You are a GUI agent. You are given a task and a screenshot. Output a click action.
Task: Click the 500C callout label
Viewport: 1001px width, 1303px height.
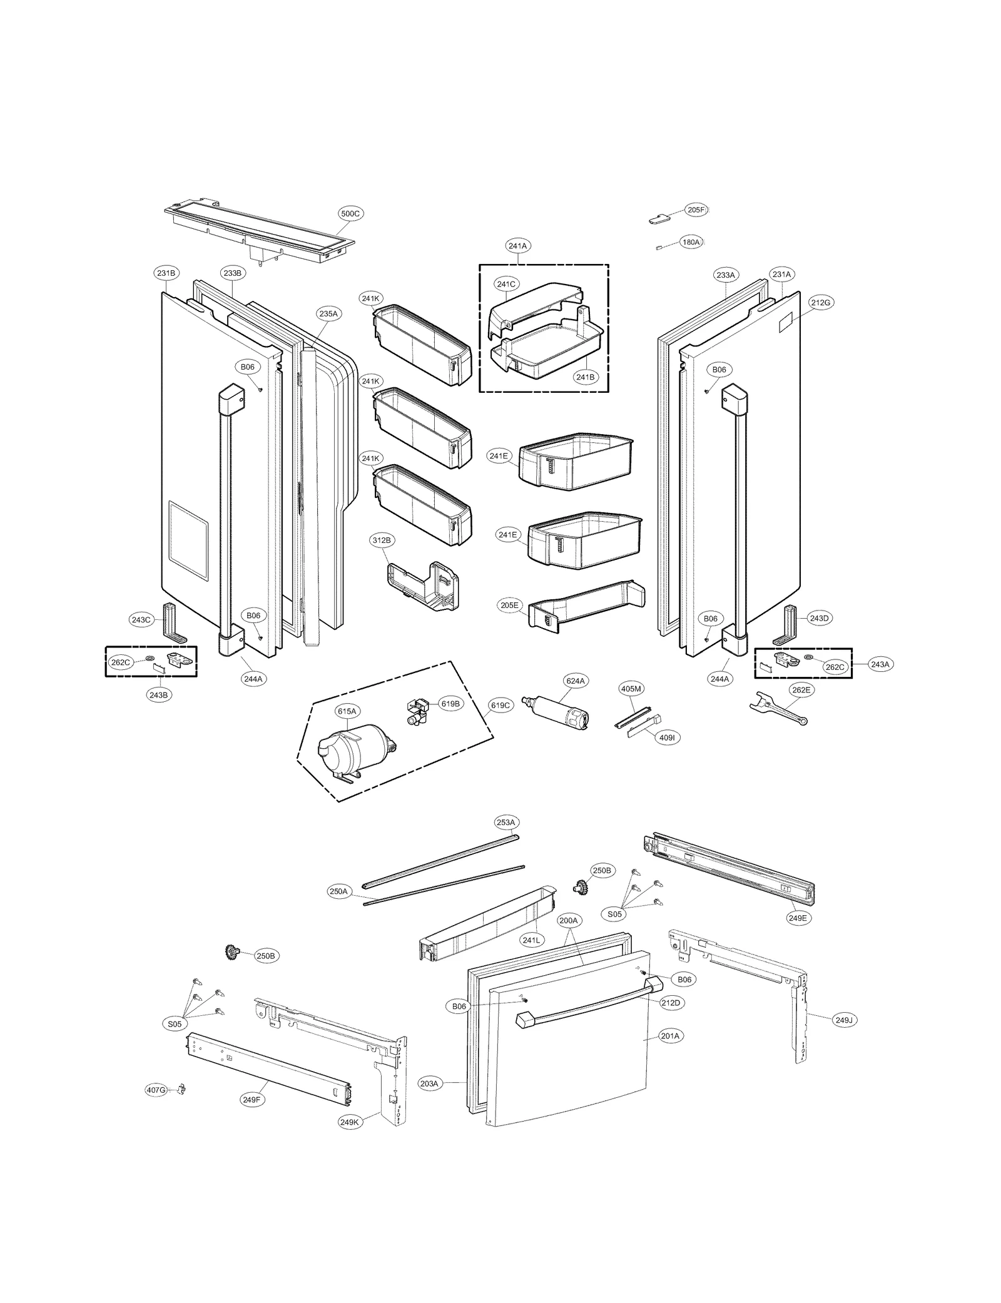pos(350,214)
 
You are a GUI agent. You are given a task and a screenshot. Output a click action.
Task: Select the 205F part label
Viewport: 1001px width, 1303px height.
pos(696,210)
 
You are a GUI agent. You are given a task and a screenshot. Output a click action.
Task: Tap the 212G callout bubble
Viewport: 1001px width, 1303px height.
pos(820,303)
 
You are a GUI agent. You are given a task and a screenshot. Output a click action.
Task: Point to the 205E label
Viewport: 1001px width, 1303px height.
pos(509,606)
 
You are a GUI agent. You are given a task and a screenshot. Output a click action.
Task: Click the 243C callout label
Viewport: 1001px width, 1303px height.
pos(141,620)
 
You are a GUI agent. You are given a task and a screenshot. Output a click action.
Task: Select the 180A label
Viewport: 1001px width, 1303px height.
pos(691,242)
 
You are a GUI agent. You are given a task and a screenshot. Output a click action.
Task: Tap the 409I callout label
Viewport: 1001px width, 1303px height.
pos(667,738)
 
